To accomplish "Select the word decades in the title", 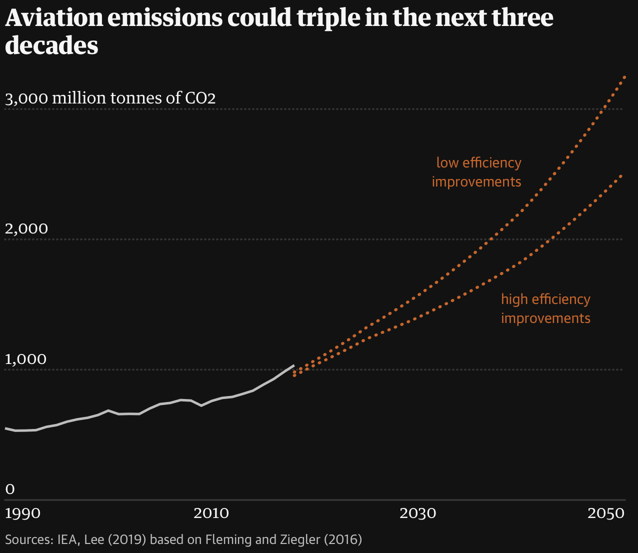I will tap(51, 46).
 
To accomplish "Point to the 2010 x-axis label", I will tap(212, 513).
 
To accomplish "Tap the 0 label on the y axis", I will tap(10, 488).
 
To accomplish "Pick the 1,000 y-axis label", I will tap(25, 359).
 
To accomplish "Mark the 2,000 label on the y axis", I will tap(26, 229).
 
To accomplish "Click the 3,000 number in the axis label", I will tap(26, 98).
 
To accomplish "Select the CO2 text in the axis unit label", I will tap(200, 98).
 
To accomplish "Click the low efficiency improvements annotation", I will tap(476, 172).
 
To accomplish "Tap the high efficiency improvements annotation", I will tap(545, 308).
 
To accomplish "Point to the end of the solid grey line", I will tap(293, 366).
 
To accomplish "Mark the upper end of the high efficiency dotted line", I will tap(621, 175).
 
